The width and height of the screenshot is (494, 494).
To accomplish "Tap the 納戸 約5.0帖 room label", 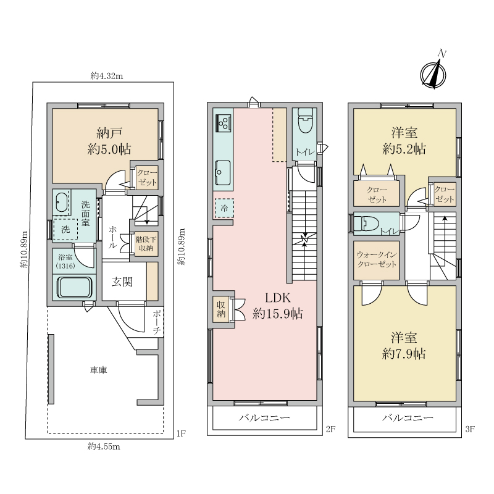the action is coord(109,141).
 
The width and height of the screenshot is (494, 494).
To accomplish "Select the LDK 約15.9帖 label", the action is coord(277,306).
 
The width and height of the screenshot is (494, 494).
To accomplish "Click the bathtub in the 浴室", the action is coord(74,287).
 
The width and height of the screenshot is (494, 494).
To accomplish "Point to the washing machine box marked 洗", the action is coord(65,229).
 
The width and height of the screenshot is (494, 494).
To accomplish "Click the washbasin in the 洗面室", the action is coord(61,203).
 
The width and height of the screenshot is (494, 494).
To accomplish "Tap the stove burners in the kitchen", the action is coord(224,123).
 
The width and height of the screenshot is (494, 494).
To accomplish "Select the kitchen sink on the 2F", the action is coord(223,173).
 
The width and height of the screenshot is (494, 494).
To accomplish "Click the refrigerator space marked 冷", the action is coord(224,208).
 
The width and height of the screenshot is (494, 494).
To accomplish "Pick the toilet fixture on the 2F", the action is coord(305,120).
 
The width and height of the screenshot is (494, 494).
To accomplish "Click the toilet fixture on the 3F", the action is coord(366,224).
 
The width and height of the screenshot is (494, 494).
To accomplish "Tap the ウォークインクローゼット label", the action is coord(377,259).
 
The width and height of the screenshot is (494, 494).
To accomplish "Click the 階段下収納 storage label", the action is coord(145,243).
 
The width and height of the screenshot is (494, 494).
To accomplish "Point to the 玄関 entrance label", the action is coord(122,282).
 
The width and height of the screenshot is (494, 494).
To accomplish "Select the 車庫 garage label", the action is coord(99,370).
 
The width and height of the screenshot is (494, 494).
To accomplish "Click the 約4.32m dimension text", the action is coord(107,75).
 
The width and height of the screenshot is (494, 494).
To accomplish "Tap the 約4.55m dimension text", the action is coord(104,446).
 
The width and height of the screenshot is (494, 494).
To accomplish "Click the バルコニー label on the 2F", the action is coord(264,418).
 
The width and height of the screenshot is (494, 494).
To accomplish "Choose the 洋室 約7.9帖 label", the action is coord(404,346).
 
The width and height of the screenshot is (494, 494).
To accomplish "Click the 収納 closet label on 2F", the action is coord(221,309).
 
